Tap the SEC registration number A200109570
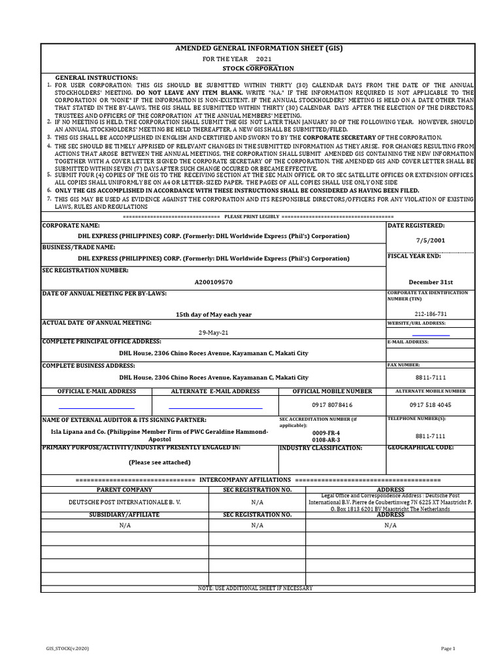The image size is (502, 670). coord(213,282)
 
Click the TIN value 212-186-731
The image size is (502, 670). coord(430,314)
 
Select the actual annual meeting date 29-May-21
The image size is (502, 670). coord(214,332)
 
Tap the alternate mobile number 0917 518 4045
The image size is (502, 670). coord(430,405)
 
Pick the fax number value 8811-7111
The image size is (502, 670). coord(430,378)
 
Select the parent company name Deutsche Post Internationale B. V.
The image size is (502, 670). coord(124,502)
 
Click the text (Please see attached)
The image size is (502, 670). coord(159,462)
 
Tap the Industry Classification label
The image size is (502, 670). coord(320,448)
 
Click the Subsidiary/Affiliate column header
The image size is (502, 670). coord(124,515)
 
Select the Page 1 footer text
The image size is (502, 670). coord(448,648)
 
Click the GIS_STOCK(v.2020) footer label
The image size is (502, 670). coord(64,648)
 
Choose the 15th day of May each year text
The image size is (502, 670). coord(213,314)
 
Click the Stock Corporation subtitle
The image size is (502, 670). coord(258,68)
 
